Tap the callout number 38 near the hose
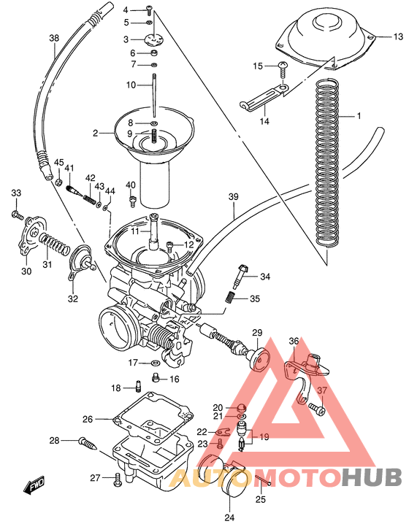point(53,39)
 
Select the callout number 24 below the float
point(231,517)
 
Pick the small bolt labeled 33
point(15,214)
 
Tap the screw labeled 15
point(283,68)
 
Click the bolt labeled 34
point(241,277)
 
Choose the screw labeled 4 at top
point(149,9)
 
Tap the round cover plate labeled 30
point(30,232)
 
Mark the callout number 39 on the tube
point(233,197)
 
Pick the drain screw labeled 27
point(118,479)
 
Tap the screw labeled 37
point(316,409)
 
